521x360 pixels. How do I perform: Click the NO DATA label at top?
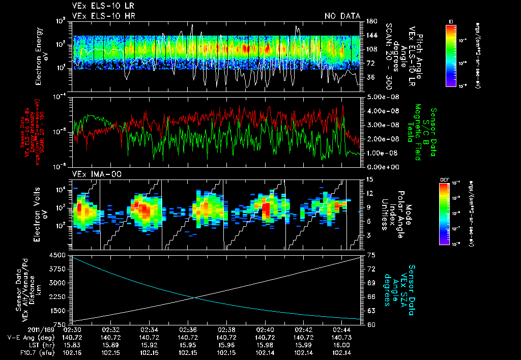(342, 16)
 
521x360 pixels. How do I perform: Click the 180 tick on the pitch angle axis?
(371, 21)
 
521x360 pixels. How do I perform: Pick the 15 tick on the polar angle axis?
(370, 179)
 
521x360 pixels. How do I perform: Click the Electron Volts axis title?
(41, 214)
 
